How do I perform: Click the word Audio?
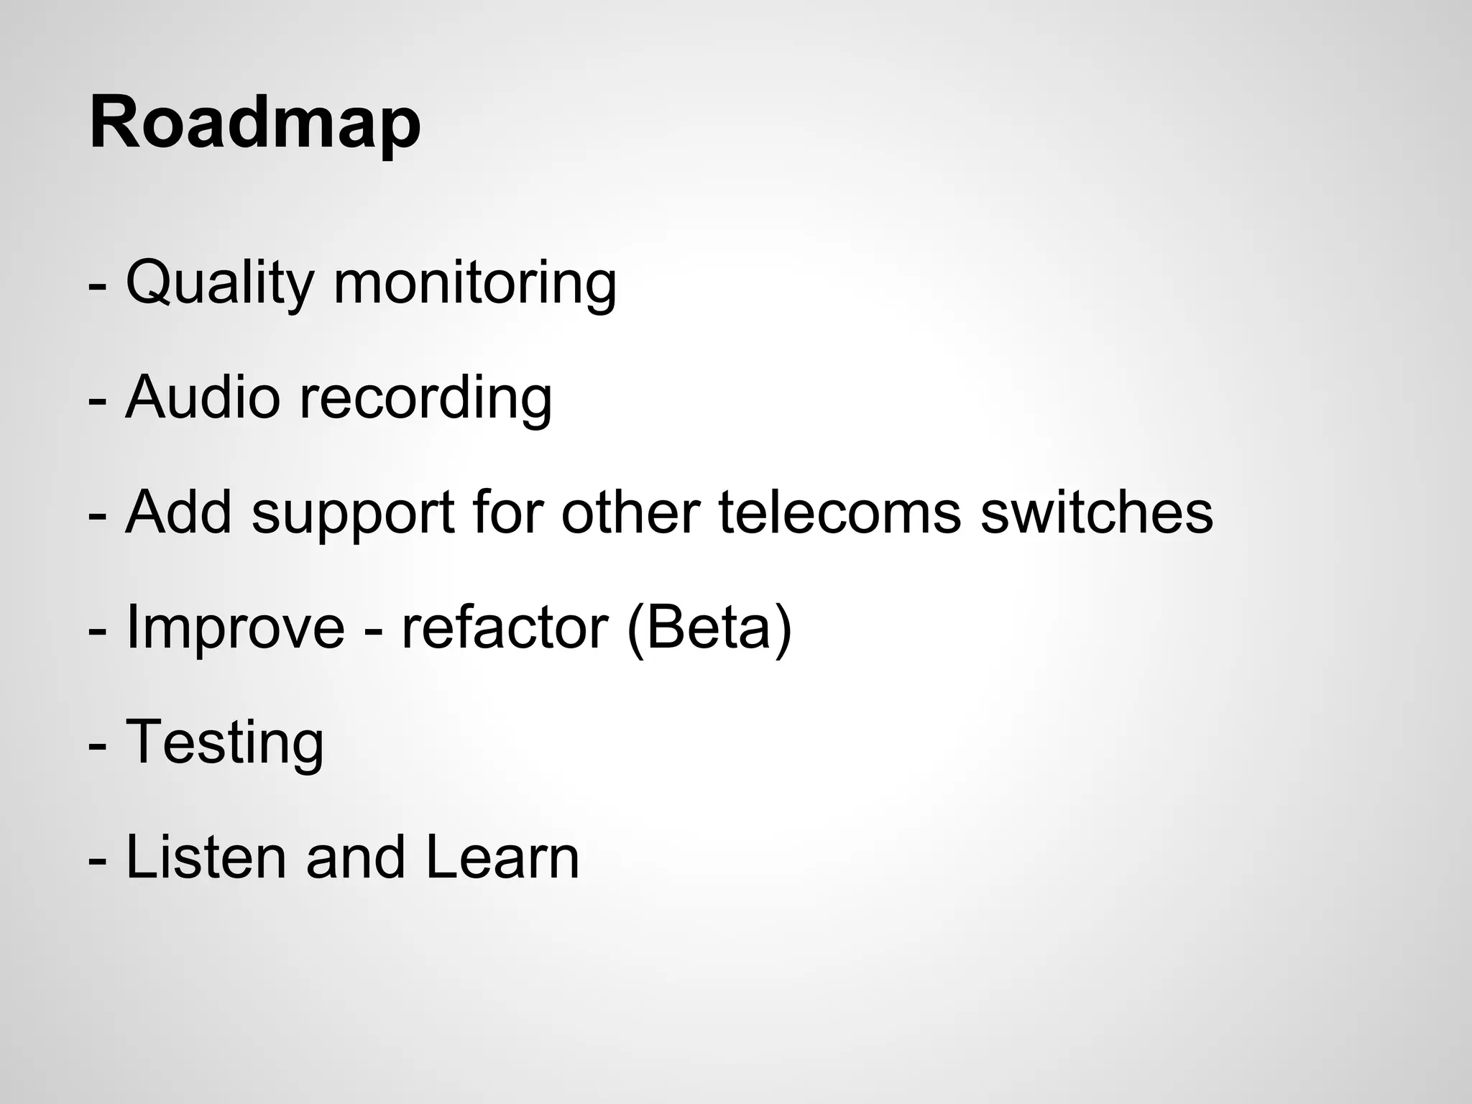(x=202, y=397)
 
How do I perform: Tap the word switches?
(x=1097, y=512)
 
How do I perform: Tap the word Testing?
(x=224, y=743)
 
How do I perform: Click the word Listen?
(x=206, y=857)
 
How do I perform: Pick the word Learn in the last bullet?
(x=502, y=857)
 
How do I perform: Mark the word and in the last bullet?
(x=355, y=857)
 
